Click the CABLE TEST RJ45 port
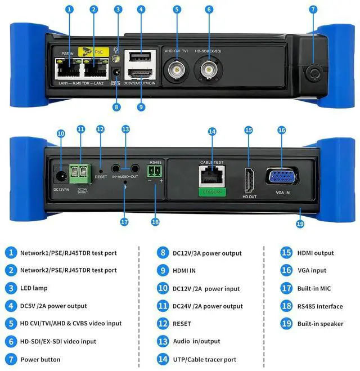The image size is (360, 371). coord(211,180)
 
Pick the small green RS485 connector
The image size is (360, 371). coord(155,171)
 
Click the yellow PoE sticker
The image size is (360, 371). coord(93,51)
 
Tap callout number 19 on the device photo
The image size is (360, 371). coord(300,224)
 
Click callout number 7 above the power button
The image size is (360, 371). coord(313,10)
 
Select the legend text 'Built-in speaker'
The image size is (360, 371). coord(320,324)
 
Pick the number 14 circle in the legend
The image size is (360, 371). coord(163,359)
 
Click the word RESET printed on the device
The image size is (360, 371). coord(101,176)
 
